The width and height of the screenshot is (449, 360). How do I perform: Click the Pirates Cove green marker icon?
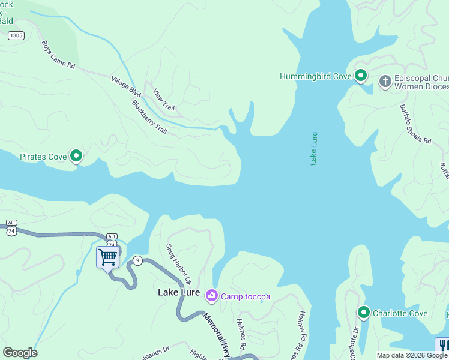tap(76, 156)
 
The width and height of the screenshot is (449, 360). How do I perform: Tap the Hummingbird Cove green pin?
tap(360, 76)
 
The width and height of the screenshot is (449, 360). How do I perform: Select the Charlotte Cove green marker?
tap(363, 313)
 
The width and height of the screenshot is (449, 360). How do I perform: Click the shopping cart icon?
tap(107, 257)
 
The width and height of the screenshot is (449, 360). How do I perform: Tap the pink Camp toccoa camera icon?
tap(211, 295)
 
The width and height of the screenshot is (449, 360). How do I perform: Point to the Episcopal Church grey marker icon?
tap(385, 80)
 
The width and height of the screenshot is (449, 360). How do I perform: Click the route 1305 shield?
tap(16, 36)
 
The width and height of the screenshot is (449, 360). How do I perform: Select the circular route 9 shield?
tap(138, 260)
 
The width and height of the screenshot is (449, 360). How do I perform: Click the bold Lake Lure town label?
tap(179, 292)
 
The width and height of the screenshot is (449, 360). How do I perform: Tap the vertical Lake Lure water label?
tap(313, 148)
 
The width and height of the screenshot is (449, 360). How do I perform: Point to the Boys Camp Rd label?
tap(58, 55)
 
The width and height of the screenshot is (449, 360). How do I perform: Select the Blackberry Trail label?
tap(149, 116)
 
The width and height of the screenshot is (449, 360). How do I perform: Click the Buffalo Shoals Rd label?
tap(415, 124)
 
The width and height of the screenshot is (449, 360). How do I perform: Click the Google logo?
tap(20, 353)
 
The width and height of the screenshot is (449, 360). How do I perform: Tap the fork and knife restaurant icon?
tap(442, 345)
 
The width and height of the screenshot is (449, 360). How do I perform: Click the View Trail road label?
tap(163, 100)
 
